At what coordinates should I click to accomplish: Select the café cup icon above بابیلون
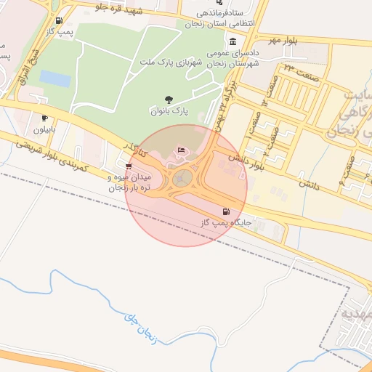(x=44, y=118)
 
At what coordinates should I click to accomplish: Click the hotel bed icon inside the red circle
(x=181, y=150)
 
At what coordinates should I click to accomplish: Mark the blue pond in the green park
(x=54, y=78)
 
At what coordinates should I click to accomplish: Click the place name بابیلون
(x=45, y=130)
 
